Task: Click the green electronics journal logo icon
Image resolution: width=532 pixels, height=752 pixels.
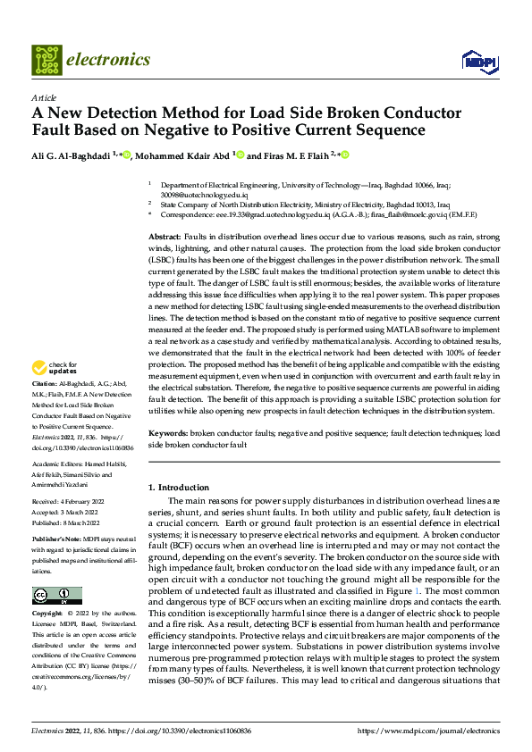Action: tap(46, 60)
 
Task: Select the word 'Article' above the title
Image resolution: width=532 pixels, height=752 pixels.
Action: tap(44, 97)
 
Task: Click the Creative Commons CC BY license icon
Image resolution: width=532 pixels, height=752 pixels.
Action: tap(57, 596)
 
